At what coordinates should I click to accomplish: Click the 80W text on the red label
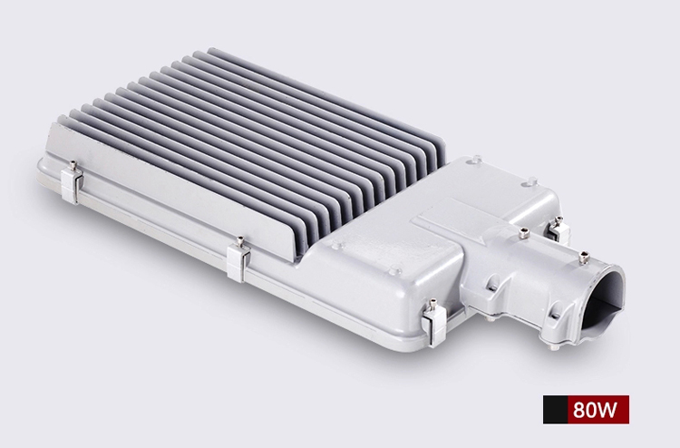[594, 409]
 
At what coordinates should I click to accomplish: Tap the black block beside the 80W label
[555, 409]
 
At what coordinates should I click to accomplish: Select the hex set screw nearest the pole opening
[584, 258]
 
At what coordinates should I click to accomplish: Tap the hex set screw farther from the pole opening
[525, 233]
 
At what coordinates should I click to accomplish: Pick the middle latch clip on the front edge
[238, 261]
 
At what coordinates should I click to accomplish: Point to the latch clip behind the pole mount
[559, 229]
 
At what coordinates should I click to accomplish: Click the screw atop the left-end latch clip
[73, 165]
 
